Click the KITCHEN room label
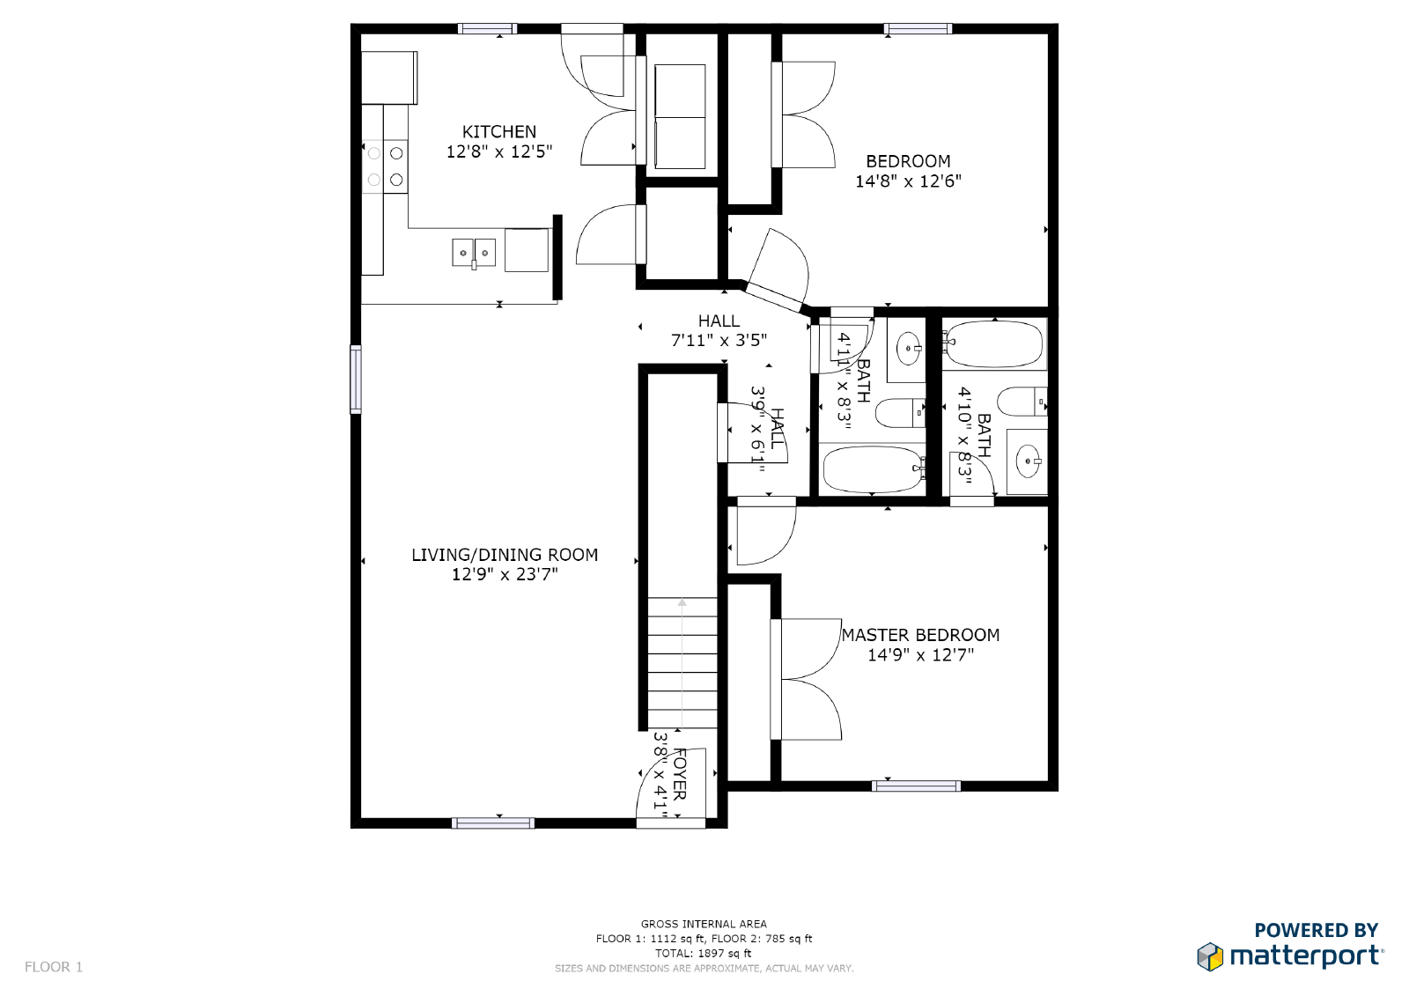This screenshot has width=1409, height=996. pos(498,132)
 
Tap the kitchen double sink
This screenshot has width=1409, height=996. pos(474,253)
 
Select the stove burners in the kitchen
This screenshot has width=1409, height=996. pos(386,166)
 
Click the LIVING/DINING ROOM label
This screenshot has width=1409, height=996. pos(505,555)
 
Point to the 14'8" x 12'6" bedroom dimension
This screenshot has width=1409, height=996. pos(908,181)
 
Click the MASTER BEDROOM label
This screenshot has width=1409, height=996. pos(920,635)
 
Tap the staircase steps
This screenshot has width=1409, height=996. pos(682,662)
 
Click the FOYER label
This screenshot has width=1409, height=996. pos(679,774)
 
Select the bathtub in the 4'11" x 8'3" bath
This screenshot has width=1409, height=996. pos(871,469)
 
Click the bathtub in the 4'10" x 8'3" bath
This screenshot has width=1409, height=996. pos(993,344)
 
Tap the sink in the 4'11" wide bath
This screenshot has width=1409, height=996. pos(908,350)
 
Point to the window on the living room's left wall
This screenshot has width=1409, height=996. pos(356,380)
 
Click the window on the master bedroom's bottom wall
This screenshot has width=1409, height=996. pos(916,786)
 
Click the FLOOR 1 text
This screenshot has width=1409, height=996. pos(54,967)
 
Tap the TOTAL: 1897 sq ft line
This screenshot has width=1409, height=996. pos(703,953)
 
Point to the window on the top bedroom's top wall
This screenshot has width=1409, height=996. pos(918,29)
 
